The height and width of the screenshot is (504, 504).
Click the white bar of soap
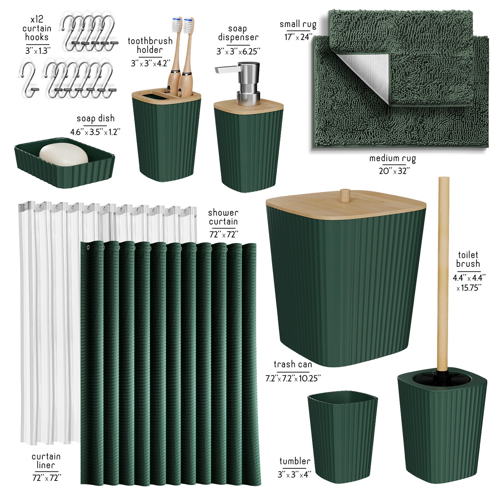64,153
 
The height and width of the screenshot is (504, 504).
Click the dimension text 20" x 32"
394,171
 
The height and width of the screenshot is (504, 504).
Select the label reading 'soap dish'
96,119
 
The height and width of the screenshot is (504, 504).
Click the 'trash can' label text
293,364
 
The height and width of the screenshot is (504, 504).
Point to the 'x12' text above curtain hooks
37,19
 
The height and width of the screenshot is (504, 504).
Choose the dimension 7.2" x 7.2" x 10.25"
293,378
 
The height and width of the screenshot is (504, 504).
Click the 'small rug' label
298,24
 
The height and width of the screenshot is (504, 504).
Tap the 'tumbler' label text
295,461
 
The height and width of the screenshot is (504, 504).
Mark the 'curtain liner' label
46,461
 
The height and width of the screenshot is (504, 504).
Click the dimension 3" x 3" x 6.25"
238,51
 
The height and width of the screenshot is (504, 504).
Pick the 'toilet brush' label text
468,259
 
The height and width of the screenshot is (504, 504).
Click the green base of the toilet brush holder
442,429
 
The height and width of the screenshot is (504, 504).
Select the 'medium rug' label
393,159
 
